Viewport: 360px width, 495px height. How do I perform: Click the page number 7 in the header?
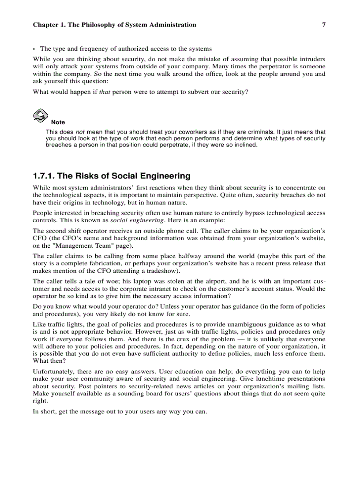(x=323, y=25)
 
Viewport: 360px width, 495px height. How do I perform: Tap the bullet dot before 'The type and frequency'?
(x=34, y=49)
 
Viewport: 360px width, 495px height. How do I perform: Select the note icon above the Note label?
(x=40, y=115)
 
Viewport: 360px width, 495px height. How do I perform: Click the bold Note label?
(x=58, y=122)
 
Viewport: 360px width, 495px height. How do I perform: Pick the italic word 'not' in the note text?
(x=80, y=132)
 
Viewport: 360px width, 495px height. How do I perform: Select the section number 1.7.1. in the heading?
(x=44, y=176)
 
